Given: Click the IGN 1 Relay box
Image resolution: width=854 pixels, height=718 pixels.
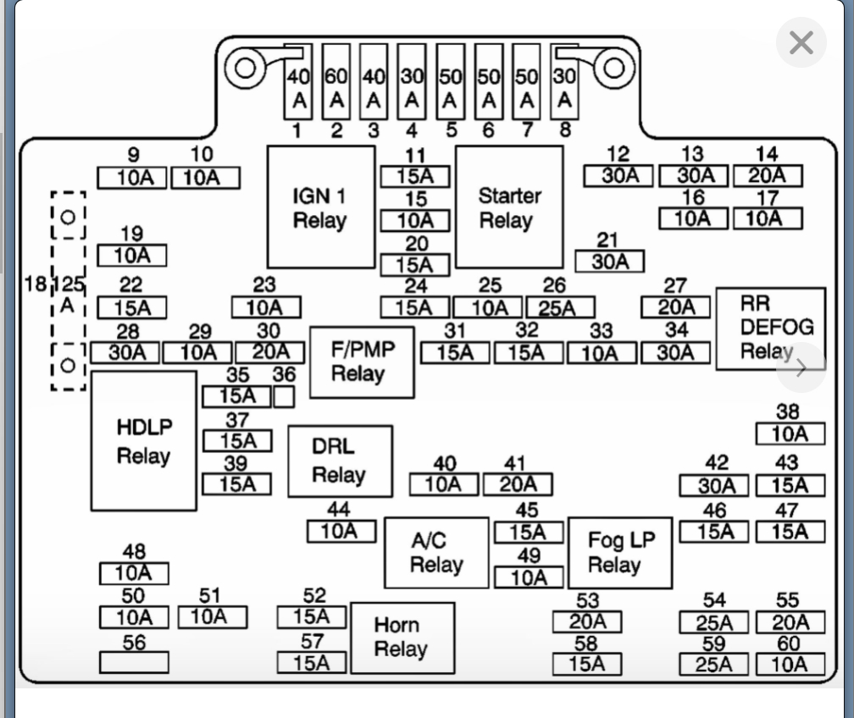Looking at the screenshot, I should [321, 207].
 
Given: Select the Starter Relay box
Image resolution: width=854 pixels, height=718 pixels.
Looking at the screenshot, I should [509, 207].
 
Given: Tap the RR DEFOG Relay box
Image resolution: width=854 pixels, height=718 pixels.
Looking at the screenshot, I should [770, 329].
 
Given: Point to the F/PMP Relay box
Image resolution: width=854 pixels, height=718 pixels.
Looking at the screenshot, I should [362, 362].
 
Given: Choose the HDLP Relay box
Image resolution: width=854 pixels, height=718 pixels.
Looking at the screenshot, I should [143, 441].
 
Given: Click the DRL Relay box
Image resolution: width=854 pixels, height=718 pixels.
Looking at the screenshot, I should [340, 461].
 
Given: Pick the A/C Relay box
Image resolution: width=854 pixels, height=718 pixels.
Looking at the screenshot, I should [436, 553].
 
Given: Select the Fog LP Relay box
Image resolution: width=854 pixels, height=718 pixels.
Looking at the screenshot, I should [620, 553].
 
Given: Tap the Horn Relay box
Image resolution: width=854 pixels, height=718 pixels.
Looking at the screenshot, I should [402, 638].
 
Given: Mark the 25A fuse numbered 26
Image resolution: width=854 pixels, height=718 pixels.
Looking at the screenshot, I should [560, 307].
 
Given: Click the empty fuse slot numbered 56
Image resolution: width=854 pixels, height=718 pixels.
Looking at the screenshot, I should [134, 661].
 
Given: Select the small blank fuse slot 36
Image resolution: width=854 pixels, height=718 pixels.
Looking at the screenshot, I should [284, 395].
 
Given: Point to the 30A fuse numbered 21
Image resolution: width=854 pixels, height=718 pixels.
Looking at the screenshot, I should [609, 262].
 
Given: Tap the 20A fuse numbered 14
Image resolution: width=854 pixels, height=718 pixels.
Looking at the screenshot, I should [767, 176].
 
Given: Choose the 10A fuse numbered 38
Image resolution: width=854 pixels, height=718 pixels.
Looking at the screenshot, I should [790, 434].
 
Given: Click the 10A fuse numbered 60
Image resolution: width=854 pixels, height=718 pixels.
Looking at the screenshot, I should [790, 665].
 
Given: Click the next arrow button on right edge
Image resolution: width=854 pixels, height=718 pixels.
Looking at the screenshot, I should [801, 367].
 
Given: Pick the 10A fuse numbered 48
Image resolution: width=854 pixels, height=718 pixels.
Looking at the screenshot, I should [134, 574].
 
